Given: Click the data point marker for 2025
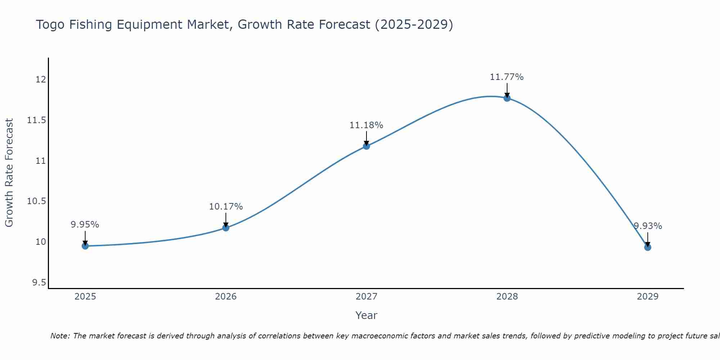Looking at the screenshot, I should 85,246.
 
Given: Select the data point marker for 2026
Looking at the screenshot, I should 226,228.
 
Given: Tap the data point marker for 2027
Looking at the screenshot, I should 366,146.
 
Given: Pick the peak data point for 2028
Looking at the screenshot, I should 507,98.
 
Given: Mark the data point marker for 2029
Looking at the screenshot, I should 648,247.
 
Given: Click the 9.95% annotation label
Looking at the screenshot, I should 85,225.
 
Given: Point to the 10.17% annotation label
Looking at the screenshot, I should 226,207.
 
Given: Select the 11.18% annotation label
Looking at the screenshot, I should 366,125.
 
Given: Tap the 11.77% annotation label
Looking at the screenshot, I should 507,77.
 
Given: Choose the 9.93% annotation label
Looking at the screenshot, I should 648,226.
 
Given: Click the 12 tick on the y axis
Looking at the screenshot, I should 41,80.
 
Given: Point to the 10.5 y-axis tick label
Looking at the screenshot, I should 37,201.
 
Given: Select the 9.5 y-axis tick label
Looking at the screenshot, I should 39,283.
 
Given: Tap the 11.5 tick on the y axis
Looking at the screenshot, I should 37,120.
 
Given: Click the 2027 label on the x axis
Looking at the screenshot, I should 366,297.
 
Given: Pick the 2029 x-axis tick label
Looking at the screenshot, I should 648,297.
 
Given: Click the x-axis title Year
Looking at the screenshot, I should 366,315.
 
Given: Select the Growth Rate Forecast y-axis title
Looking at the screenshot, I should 9,173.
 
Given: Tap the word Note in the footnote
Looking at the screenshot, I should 60,336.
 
